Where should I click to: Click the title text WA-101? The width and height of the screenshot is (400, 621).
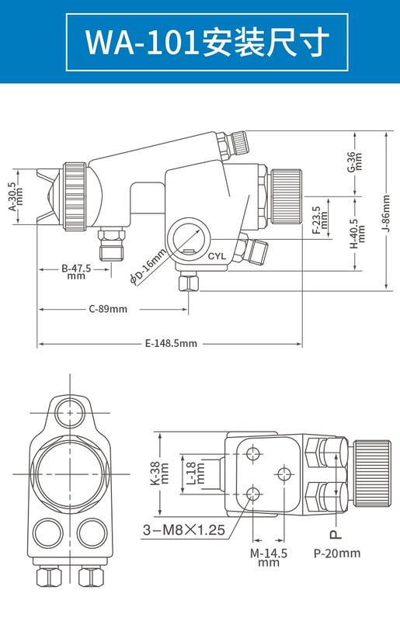click(x=141, y=43)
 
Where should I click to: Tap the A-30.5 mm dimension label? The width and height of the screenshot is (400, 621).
click(x=16, y=197)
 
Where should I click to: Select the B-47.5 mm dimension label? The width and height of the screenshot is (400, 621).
click(x=76, y=272)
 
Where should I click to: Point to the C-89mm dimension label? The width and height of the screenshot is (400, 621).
click(x=108, y=309)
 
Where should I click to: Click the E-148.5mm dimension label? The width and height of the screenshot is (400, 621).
click(x=171, y=343)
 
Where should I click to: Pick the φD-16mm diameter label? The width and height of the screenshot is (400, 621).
click(x=148, y=266)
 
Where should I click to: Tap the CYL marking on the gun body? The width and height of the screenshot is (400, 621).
click(x=217, y=256)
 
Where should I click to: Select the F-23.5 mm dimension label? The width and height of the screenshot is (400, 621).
click(x=320, y=220)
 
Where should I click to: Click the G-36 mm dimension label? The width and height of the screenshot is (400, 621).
click(x=355, y=161)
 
